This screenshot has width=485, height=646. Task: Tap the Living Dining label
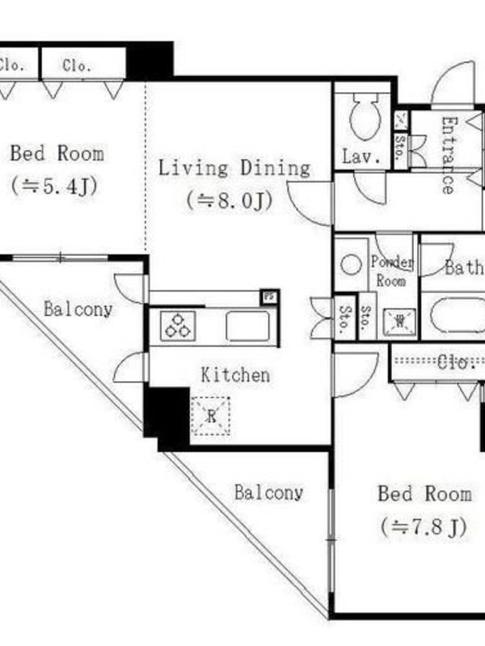click(x=234, y=169)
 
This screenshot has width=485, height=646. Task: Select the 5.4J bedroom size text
click(x=54, y=187)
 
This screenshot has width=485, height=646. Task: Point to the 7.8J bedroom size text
click(x=424, y=527)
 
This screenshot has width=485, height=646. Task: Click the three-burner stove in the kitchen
click(x=178, y=326)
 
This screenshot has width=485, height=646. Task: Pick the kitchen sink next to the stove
click(x=248, y=326)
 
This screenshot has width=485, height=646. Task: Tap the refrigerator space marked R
click(x=210, y=416)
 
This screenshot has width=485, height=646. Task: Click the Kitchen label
click(x=235, y=375)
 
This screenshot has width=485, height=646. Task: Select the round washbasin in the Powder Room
click(x=351, y=264)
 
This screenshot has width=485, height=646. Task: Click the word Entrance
click(x=449, y=155)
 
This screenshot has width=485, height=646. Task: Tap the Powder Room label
click(x=391, y=271)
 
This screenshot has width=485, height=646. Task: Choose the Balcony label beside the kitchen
click(x=78, y=309)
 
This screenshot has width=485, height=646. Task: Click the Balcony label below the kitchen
click(x=269, y=493)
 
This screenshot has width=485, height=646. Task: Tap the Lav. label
click(x=361, y=157)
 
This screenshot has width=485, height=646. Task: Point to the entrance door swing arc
click(x=453, y=85)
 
